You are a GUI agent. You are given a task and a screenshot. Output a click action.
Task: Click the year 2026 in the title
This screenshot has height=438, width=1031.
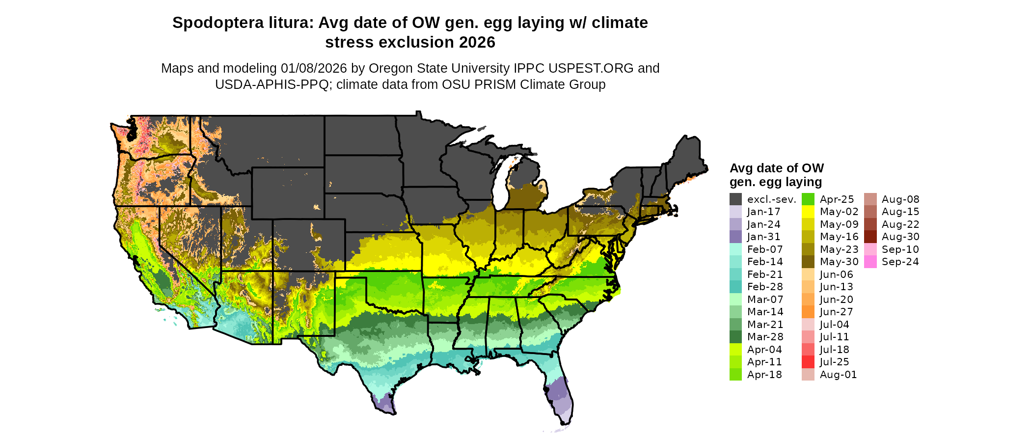[x=477, y=43]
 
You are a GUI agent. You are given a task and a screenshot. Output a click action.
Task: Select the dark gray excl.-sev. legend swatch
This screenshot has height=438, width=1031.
[x=735, y=199]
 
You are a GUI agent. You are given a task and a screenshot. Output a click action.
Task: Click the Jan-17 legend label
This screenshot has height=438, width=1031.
[x=764, y=212]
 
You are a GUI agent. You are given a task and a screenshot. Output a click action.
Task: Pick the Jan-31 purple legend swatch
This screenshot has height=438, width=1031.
[x=735, y=237]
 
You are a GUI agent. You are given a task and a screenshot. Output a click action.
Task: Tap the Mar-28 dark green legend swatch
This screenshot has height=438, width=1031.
[x=735, y=337]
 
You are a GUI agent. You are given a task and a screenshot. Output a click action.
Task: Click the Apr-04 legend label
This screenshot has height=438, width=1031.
[x=764, y=350]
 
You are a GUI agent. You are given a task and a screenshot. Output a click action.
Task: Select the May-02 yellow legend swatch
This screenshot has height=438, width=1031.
[x=808, y=212]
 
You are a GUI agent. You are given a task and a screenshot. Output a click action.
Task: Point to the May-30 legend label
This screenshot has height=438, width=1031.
[x=839, y=262]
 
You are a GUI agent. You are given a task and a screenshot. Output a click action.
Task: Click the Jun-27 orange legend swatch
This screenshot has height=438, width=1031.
[x=808, y=312]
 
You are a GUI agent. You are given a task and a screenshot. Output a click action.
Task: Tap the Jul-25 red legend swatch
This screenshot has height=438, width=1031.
[x=808, y=362]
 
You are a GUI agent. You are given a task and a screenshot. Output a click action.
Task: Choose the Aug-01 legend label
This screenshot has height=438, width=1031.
[x=838, y=375]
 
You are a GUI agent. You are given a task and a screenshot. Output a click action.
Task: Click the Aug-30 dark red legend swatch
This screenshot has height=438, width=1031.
[x=870, y=237]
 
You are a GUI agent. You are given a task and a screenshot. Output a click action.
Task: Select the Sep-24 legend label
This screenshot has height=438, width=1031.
[x=900, y=262]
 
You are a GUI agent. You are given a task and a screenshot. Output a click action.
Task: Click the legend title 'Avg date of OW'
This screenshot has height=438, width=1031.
[x=777, y=168]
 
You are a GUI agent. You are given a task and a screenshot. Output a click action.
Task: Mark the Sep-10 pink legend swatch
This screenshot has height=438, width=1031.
[x=870, y=249]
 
